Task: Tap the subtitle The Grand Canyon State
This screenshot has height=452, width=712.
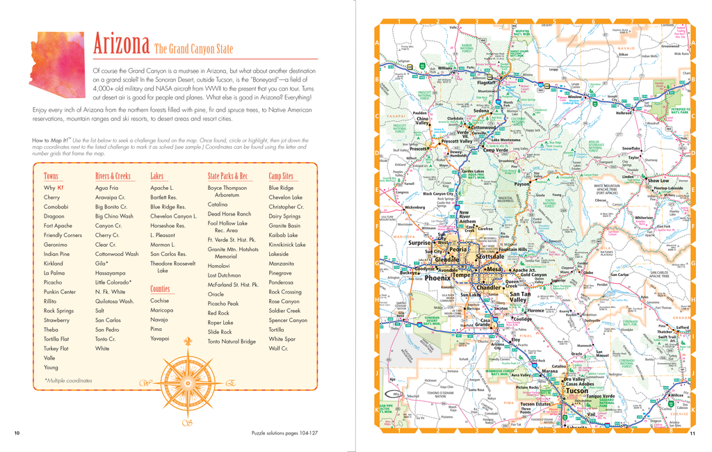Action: coord(193,49)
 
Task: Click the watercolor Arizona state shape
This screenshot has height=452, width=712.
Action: coord(57,55)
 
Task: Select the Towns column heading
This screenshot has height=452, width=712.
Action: coord(51,176)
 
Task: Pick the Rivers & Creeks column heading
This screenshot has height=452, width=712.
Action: coord(113,176)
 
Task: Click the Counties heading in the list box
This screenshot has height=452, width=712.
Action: coord(160,289)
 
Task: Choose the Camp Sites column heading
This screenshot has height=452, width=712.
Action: coord(281,176)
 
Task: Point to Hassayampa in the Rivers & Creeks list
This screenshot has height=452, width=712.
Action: coord(111,273)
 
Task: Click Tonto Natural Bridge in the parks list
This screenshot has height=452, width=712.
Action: coord(232,341)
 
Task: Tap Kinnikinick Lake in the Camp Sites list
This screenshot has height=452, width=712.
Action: coord(287,245)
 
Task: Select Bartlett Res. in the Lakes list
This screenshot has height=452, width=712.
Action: coord(163,197)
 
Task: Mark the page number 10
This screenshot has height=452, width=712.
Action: coord(17,433)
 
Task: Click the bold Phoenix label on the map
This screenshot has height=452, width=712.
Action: coord(438,277)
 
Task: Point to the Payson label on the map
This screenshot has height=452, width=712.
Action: coord(522,184)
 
